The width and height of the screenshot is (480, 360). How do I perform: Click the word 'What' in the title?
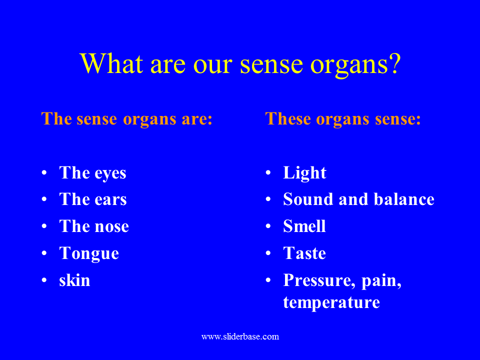(111, 63)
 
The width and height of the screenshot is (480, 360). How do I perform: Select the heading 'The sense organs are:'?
(126, 119)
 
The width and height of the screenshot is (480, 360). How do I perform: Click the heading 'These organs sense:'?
(343, 119)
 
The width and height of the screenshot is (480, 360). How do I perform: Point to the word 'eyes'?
(110, 174)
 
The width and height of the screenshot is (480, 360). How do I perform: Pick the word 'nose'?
(111, 226)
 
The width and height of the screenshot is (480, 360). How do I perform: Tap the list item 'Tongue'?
(89, 253)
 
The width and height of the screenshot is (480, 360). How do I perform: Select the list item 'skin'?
(74, 280)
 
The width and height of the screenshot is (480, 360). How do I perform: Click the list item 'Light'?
(304, 173)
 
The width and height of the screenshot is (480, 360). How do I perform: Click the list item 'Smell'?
(304, 226)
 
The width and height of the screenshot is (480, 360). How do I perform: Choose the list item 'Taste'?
(304, 253)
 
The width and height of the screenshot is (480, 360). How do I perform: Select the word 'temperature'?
(331, 302)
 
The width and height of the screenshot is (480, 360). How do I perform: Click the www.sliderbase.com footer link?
(240, 336)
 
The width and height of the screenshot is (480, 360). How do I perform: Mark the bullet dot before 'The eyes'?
(44, 173)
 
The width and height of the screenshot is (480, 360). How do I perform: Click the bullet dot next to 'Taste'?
(268, 253)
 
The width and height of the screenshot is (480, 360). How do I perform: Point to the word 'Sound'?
(308, 199)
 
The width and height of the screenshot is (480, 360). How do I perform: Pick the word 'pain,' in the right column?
(381, 281)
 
